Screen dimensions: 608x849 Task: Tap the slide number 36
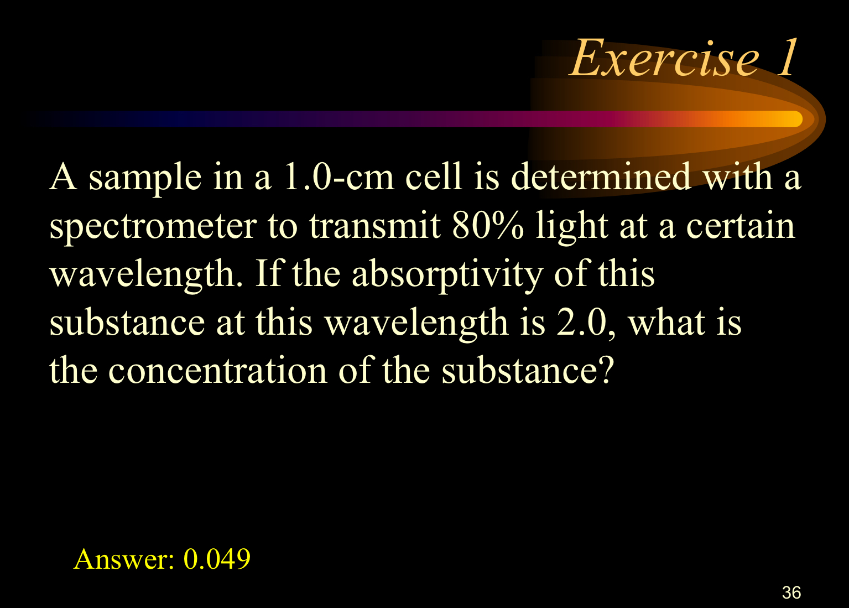(791, 593)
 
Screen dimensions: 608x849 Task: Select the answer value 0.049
(217, 559)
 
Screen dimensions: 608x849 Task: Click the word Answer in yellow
(123, 559)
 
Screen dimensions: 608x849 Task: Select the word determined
(601, 178)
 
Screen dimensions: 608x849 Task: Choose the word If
(268, 274)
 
